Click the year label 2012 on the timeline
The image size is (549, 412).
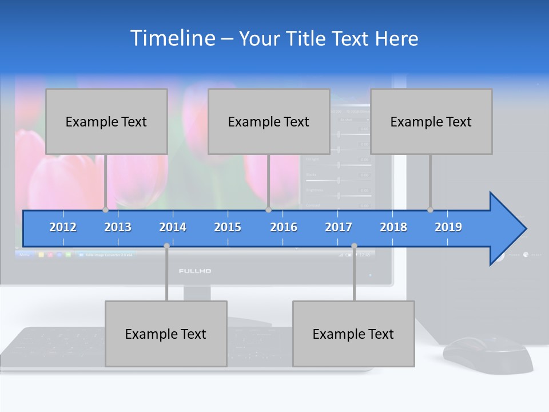[x=63, y=227]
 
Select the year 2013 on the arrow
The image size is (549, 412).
[x=118, y=227]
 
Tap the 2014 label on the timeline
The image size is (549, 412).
[x=173, y=227]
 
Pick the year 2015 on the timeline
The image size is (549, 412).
[x=228, y=227]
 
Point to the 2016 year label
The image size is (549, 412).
[x=284, y=227]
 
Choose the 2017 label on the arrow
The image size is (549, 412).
[x=339, y=227]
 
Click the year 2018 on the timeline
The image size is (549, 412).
[x=393, y=227]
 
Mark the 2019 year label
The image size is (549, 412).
[x=448, y=227]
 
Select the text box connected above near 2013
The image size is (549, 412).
[x=106, y=121]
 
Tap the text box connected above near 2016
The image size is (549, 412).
[x=269, y=121]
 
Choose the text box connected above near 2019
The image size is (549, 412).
[x=431, y=121]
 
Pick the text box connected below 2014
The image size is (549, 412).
[x=166, y=334]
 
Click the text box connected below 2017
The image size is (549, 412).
[x=353, y=334]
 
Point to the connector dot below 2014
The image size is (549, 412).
[x=166, y=246]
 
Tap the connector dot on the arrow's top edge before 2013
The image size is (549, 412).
[x=106, y=209]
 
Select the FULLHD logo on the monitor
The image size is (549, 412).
[x=195, y=271]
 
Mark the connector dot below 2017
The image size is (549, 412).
[x=354, y=246]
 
